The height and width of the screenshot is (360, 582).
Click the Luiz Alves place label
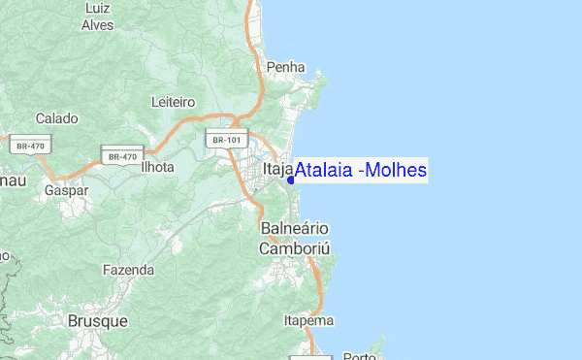[98, 16]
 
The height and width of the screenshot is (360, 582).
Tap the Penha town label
[285, 68]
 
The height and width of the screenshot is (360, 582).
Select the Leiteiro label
[174, 102]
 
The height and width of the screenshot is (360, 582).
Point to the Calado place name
[56, 118]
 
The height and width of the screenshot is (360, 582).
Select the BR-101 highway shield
[227, 140]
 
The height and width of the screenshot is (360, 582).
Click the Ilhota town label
[157, 167]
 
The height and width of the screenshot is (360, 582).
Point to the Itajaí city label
[275, 171]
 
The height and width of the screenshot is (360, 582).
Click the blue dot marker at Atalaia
[291, 180]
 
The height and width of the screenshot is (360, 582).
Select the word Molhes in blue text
[395, 171]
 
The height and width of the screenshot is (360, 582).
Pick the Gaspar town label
[66, 191]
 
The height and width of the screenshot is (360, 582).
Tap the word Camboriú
[295, 248]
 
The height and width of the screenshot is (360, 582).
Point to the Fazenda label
[128, 269]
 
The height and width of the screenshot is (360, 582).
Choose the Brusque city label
[97, 320]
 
